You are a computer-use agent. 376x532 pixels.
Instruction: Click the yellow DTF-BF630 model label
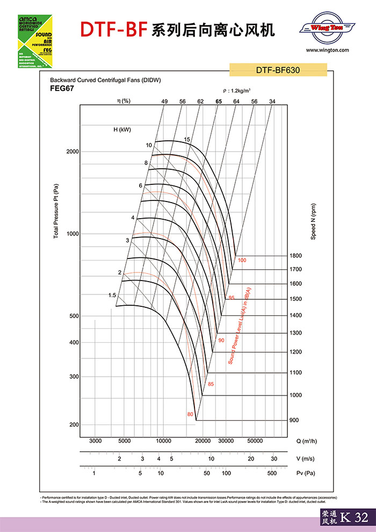point(278,69)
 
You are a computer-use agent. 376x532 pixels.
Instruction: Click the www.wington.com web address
point(328,50)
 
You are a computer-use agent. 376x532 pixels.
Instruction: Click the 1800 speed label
point(295,255)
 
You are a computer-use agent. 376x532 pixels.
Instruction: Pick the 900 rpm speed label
point(294,420)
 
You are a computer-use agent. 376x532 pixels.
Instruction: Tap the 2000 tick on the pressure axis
point(73,152)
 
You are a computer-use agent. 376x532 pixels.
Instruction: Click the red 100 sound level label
point(242,260)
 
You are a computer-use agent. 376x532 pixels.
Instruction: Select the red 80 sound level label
point(190,414)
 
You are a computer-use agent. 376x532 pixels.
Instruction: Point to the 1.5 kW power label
point(112,295)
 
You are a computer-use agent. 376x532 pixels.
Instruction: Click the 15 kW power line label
point(187,140)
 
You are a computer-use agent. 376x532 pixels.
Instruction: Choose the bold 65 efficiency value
point(219,102)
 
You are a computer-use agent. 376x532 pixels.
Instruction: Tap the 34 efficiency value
point(272,102)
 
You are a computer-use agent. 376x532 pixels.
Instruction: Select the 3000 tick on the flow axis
point(95,441)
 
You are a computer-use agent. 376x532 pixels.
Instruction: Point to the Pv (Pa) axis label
point(305,473)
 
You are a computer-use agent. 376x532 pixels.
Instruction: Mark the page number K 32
point(355,518)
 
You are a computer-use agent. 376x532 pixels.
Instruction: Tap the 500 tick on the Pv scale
point(272,473)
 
